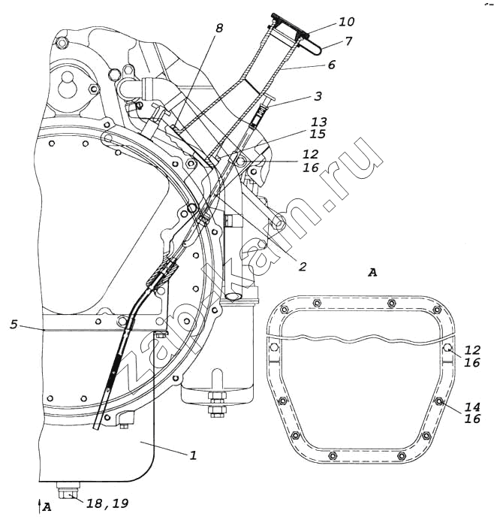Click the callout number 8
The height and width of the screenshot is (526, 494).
219,29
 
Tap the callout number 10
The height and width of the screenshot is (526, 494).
326,22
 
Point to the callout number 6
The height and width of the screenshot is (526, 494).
331,65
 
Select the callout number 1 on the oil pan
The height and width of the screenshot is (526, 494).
193,455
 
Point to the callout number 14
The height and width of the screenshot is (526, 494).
471,407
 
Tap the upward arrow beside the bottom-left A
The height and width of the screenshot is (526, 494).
39,504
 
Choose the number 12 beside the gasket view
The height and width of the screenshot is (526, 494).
471,350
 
